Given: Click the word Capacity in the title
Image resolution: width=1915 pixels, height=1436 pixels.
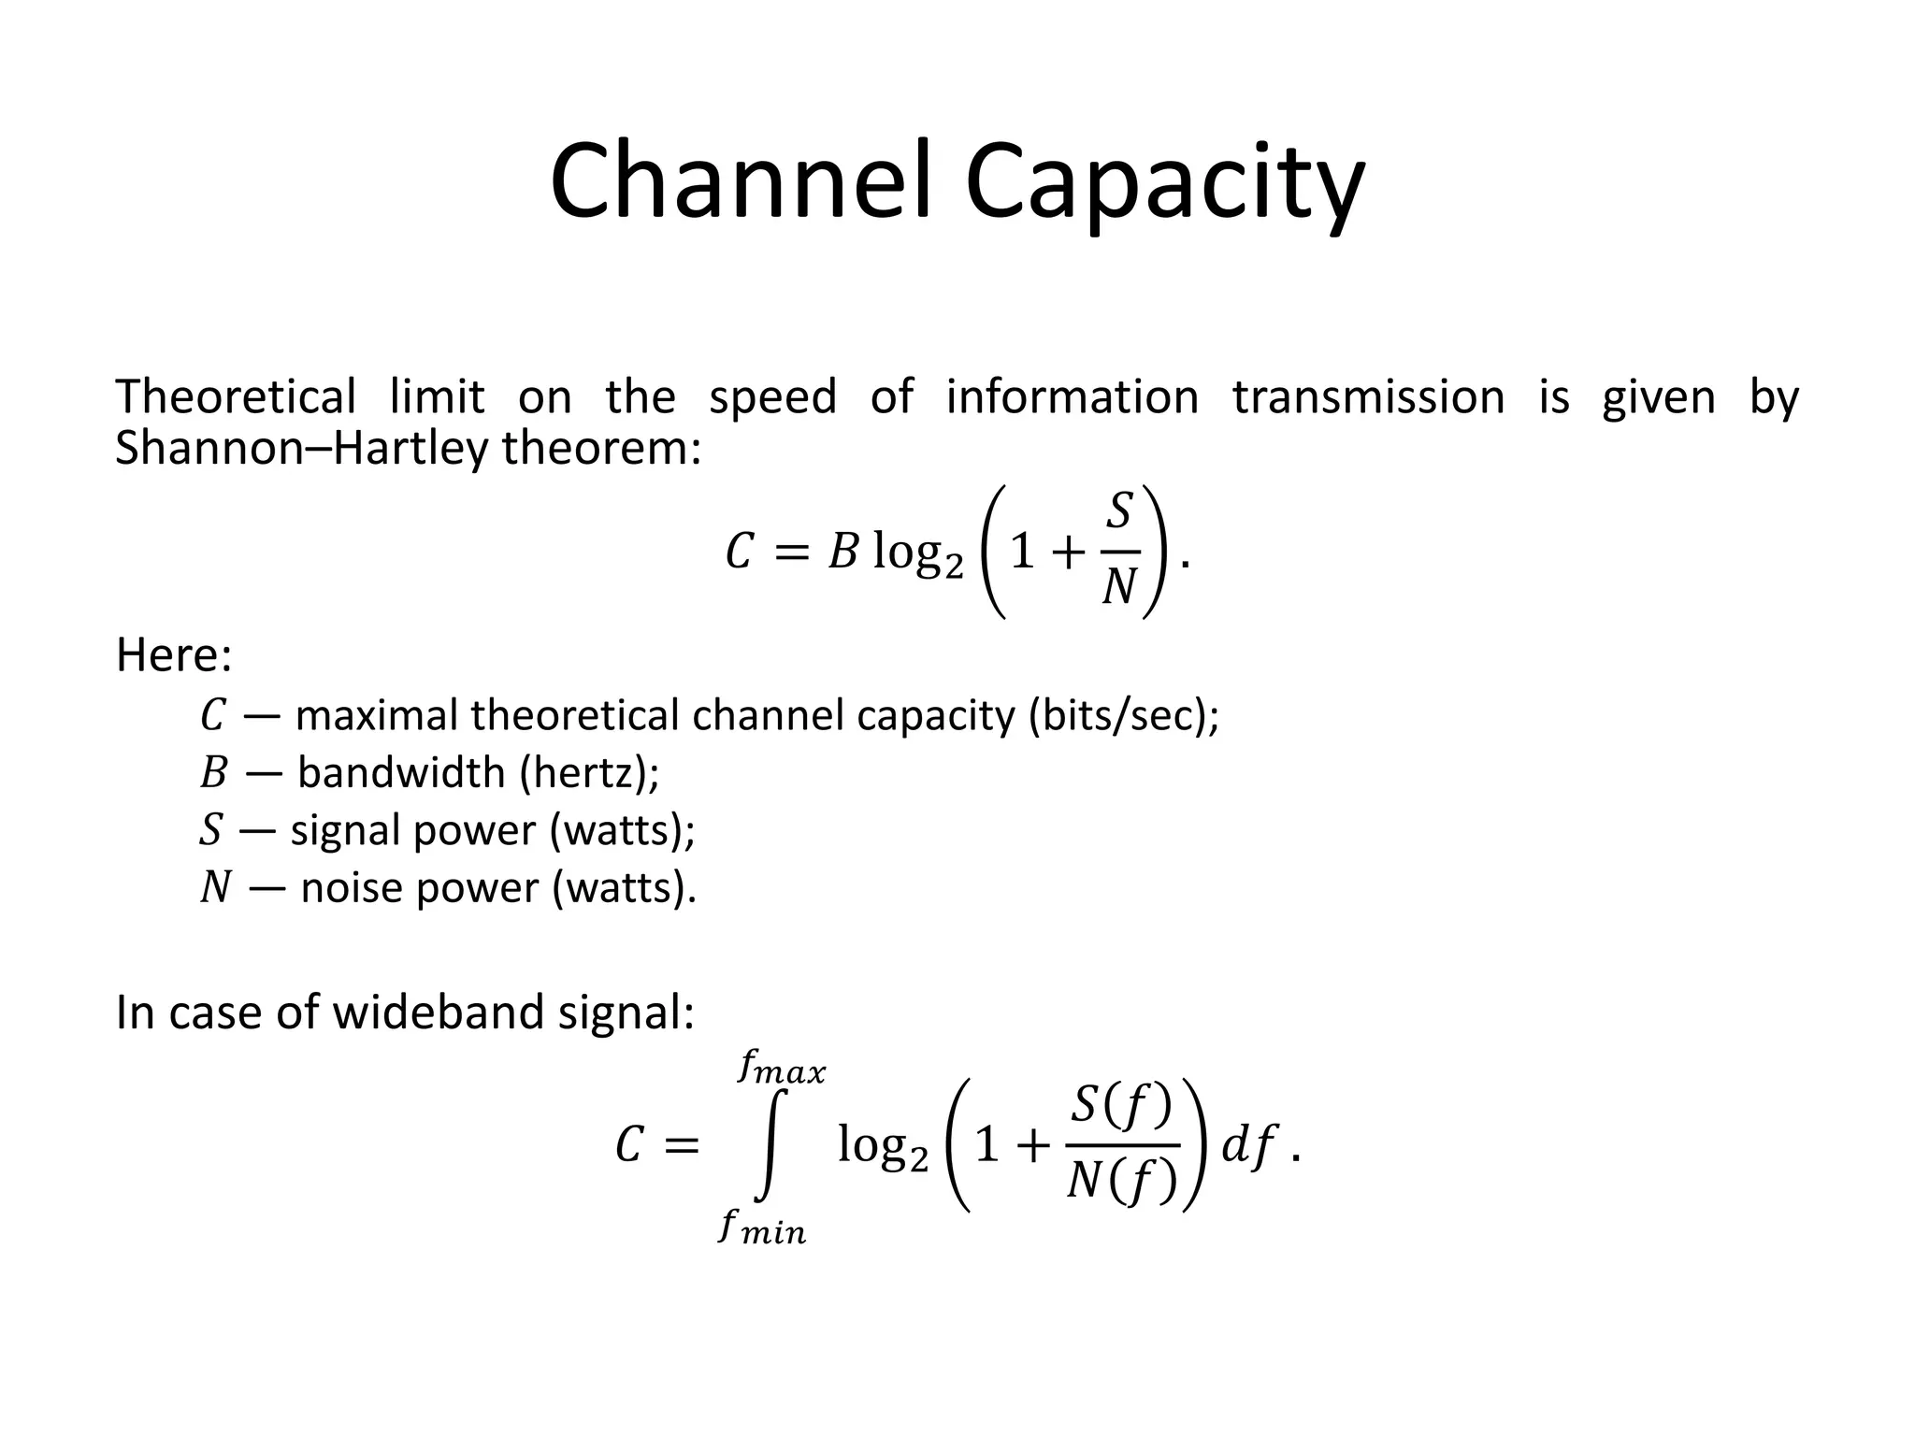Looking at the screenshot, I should point(1164,182).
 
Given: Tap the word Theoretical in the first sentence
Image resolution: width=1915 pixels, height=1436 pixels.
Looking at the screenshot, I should point(236,396).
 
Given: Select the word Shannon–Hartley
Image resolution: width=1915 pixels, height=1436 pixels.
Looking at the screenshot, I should point(301,448).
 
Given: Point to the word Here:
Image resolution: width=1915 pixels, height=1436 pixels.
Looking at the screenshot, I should point(174,654).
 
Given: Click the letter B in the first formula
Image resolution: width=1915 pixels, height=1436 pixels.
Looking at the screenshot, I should point(843,553).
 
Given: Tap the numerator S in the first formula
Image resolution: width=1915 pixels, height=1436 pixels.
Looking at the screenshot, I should point(1119,511).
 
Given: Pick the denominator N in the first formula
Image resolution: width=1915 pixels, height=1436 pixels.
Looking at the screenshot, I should point(1119,588).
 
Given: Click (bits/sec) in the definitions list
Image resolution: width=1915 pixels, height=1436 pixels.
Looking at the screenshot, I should point(1123,715).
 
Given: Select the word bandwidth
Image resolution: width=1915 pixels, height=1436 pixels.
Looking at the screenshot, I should point(401,772).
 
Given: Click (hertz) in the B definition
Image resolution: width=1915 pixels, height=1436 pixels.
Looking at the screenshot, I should point(588,772).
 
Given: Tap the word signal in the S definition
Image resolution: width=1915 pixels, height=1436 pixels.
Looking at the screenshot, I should point(346,830).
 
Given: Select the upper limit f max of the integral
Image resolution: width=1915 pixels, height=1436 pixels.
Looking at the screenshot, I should point(781,1068).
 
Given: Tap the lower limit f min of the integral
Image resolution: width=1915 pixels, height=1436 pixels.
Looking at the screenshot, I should point(762,1227).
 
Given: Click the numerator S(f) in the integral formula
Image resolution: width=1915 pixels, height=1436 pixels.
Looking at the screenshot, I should point(1120,1107).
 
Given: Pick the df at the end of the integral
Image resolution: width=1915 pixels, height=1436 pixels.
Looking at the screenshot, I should point(1249,1145).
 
